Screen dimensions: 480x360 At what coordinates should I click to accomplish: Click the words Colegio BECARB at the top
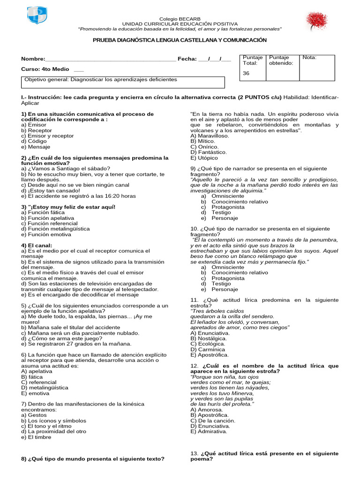[x=180, y=18]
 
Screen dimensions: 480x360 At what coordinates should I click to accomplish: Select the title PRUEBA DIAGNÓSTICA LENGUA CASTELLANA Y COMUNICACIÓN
[x=180, y=41]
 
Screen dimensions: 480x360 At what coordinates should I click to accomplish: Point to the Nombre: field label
[x=33, y=59]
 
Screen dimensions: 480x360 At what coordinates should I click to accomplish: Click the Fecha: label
[x=187, y=59]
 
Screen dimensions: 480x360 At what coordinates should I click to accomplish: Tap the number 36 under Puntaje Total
[x=246, y=74]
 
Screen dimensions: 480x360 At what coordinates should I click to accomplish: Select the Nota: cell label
[x=309, y=58]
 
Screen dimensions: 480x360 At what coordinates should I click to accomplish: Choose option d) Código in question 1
[x=35, y=141]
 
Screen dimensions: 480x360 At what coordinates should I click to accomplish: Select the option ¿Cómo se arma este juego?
[x=60, y=338]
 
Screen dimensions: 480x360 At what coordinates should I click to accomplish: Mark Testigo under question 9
[x=221, y=212]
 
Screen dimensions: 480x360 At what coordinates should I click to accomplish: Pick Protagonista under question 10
[x=228, y=278]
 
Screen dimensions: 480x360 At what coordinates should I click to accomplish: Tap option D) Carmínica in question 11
[x=207, y=349]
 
